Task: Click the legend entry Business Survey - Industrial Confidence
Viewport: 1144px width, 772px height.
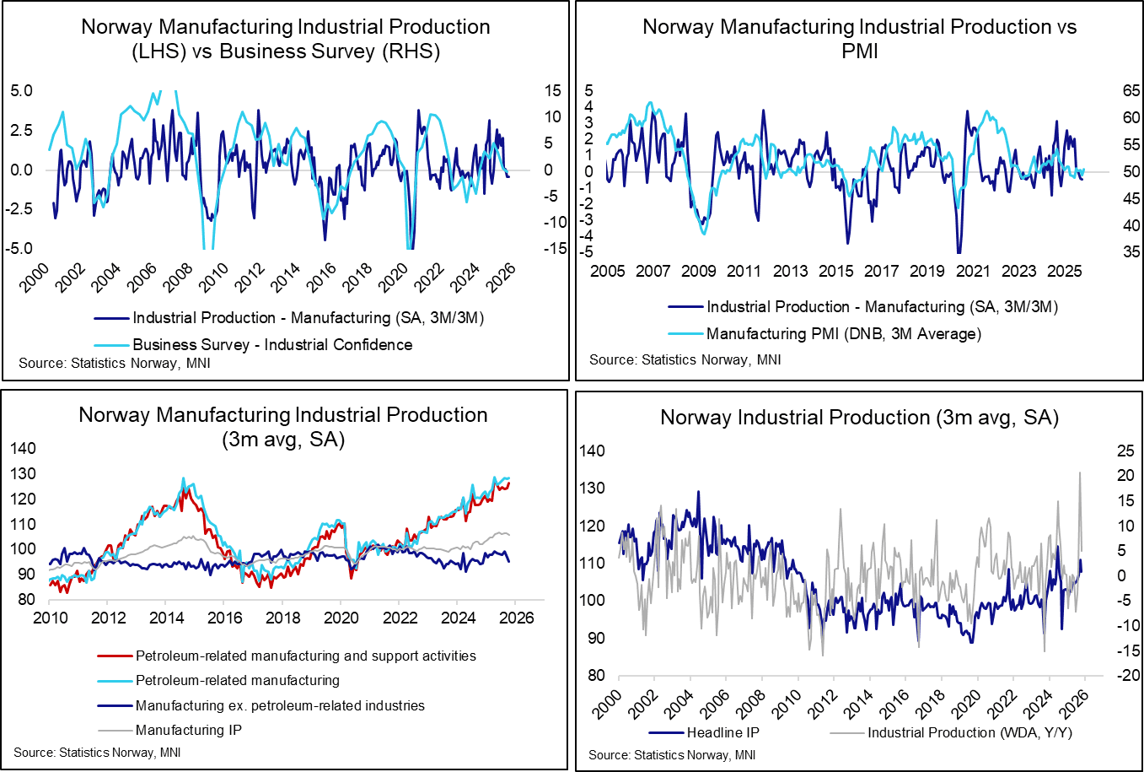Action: [x=272, y=344]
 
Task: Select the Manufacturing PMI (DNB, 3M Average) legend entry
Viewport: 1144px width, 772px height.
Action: [x=843, y=333]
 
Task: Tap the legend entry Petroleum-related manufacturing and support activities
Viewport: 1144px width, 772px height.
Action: [x=305, y=656]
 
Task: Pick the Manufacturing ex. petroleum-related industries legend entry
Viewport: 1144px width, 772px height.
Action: [x=280, y=705]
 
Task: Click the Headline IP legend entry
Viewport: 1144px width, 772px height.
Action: [x=722, y=732]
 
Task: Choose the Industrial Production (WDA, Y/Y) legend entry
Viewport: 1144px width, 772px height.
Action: [x=969, y=732]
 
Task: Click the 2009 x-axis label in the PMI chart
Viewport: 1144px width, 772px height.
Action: [x=698, y=271]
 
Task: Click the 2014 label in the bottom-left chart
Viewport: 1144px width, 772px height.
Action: [x=167, y=618]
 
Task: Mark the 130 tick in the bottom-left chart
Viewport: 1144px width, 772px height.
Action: [x=23, y=473]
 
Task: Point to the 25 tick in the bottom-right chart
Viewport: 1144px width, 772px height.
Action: [x=1102, y=451]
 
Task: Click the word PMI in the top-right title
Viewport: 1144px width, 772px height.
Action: [x=859, y=51]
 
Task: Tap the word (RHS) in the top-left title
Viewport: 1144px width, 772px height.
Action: [x=411, y=51]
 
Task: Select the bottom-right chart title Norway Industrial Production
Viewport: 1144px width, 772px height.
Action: [x=859, y=418]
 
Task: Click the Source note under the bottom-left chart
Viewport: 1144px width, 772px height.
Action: [x=97, y=752]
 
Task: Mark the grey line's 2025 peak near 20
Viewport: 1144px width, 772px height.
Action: [x=1080, y=473]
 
